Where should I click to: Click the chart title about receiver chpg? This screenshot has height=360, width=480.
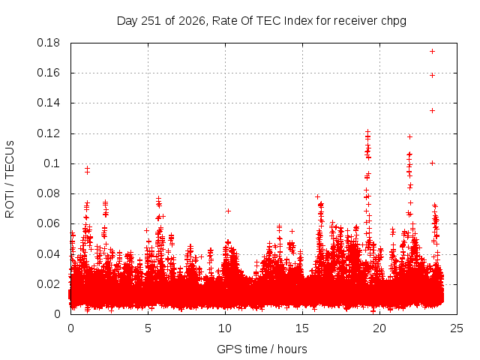tap(262, 21)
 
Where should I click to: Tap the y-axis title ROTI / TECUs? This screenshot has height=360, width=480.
tap(10, 179)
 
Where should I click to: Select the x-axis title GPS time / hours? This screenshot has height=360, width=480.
tap(262, 349)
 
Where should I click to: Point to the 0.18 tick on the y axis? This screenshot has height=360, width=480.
tap(48, 43)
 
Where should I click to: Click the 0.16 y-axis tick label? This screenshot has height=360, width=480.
tap(48, 73)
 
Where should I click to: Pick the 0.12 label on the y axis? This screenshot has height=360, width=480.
tap(48, 133)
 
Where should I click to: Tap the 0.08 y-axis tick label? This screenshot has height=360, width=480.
tap(48, 193)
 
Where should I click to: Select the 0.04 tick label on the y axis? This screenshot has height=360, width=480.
tap(48, 254)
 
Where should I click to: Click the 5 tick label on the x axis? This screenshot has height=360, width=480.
tap(148, 328)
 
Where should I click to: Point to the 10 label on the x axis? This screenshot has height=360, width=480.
tap(225, 328)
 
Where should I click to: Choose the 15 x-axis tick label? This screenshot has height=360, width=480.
tap(302, 328)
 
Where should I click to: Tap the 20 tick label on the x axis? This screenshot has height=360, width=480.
tap(379, 328)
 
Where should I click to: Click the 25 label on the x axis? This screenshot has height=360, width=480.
tap(457, 328)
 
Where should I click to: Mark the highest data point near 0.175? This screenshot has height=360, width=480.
tap(432, 52)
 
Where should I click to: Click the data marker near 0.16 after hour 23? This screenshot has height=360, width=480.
tap(432, 75)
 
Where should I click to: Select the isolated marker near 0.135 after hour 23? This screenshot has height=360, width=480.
tap(432, 110)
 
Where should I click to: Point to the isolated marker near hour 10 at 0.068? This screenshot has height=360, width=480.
tap(228, 211)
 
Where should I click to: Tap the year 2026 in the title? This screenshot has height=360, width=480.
tap(192, 21)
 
